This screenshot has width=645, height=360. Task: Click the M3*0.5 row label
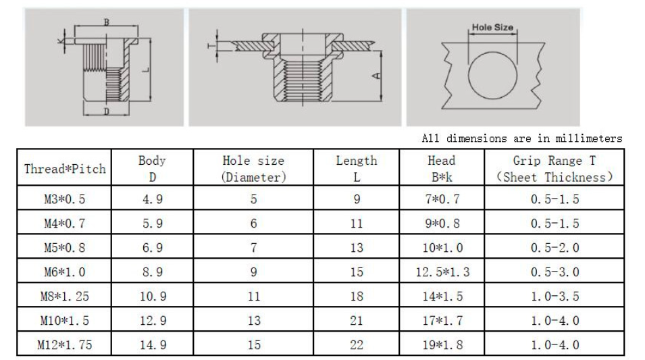pos(65,199)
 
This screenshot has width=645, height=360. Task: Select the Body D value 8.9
pos(153,272)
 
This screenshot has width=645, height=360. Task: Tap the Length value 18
pos(356,297)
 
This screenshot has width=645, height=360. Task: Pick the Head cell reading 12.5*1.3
pos(442,272)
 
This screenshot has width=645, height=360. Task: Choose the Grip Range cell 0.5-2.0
pos(555,248)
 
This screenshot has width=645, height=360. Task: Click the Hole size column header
pos(253,168)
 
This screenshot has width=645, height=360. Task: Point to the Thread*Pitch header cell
pos(65,169)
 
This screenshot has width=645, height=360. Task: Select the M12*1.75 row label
pos(65,344)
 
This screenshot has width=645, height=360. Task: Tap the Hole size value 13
pos(254,321)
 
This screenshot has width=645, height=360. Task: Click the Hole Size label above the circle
pos(492,27)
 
